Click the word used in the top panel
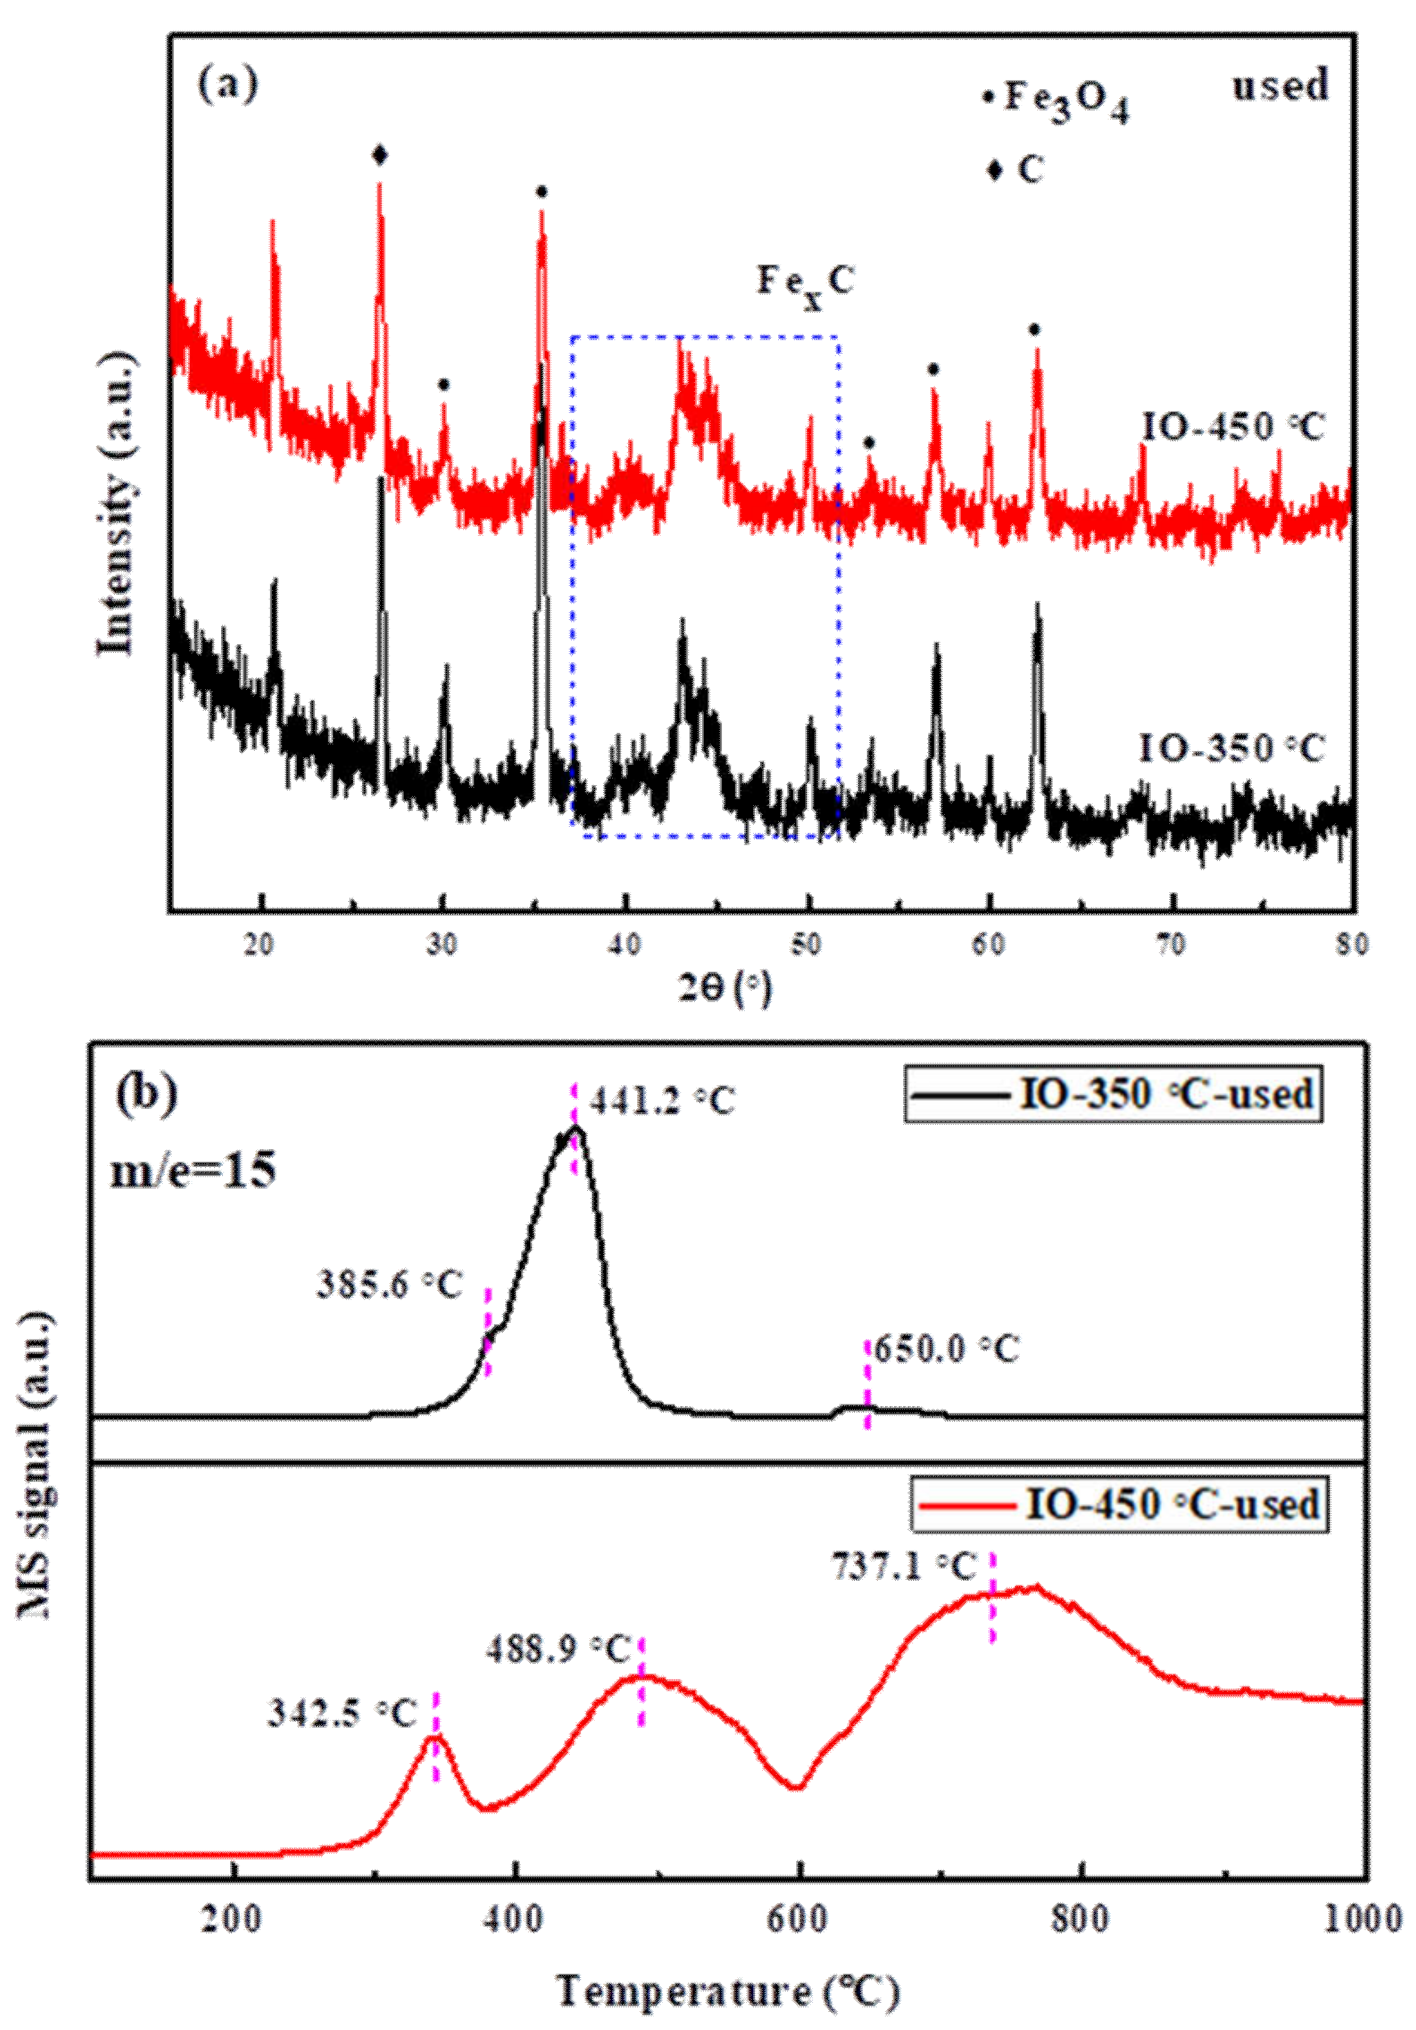(x=1280, y=86)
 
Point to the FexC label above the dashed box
(x=804, y=283)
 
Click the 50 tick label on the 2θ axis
(x=806, y=945)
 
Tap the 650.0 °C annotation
(x=946, y=1350)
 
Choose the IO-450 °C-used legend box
(x=1119, y=1504)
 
